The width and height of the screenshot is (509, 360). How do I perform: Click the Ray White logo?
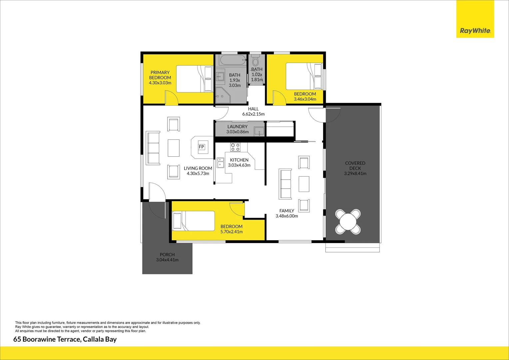pyautogui.click(x=475, y=31)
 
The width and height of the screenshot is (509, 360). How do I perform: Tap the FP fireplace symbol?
pyautogui.click(x=201, y=147)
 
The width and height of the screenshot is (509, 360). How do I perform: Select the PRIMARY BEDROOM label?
pyautogui.click(x=160, y=75)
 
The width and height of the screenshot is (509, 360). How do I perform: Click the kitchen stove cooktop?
pyautogui.click(x=236, y=147)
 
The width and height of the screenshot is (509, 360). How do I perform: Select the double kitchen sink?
pyautogui.click(x=221, y=163)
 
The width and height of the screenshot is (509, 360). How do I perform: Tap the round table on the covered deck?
pyautogui.click(x=348, y=221)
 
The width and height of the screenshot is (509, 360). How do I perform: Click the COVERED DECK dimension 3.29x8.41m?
pyautogui.click(x=355, y=174)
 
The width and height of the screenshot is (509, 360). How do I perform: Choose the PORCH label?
pyautogui.click(x=167, y=255)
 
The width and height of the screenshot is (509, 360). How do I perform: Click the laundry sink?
pyautogui.click(x=259, y=131)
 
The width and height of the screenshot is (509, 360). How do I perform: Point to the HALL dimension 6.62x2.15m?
pyautogui.click(x=253, y=114)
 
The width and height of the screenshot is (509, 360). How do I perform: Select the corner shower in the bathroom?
pyautogui.click(x=223, y=95)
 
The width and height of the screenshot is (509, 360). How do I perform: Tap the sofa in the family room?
pyautogui.click(x=286, y=184)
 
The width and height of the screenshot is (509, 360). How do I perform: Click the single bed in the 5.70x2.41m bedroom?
pyautogui.click(x=194, y=221)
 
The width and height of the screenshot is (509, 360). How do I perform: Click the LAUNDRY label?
pyautogui.click(x=237, y=127)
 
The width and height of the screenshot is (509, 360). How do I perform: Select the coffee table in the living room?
pyautogui.click(x=174, y=148)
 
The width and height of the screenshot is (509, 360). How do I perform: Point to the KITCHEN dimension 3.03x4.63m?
pyautogui.click(x=239, y=165)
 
